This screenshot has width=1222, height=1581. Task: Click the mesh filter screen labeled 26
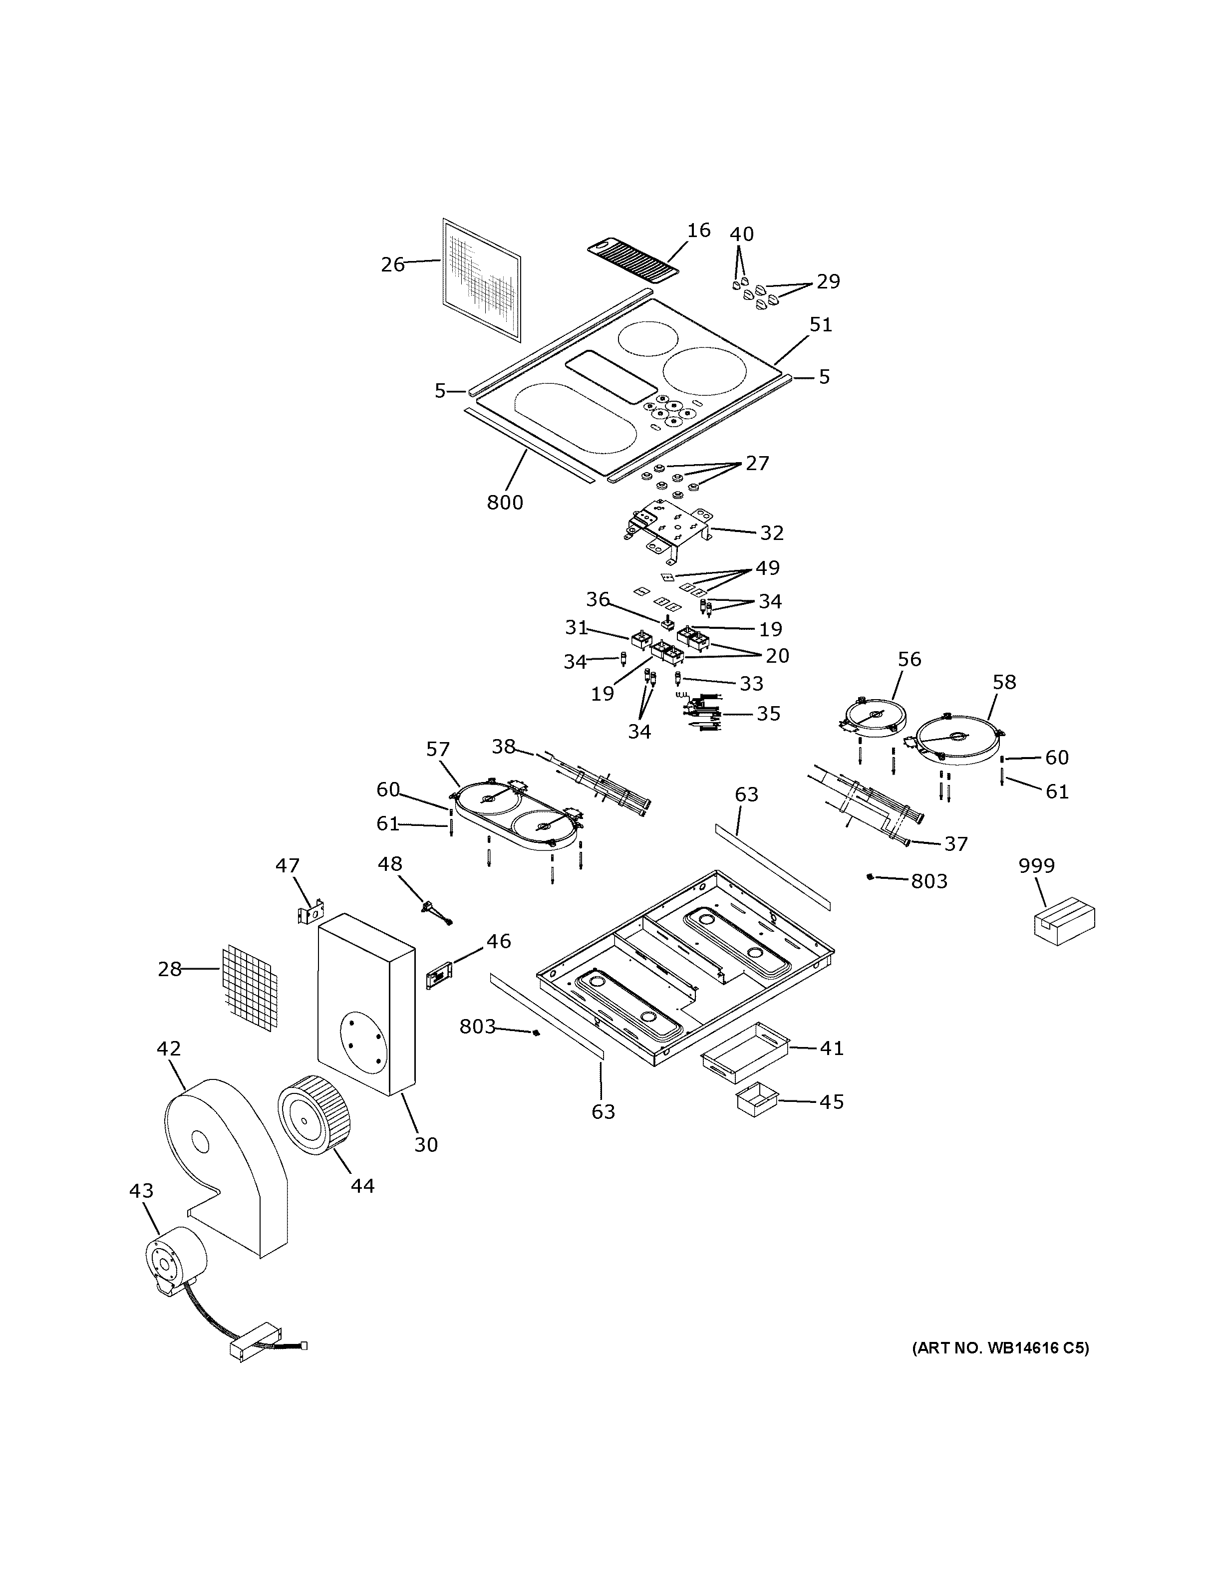point(481,281)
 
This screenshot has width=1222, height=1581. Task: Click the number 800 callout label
point(505,502)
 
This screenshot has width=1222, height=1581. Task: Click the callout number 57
point(438,749)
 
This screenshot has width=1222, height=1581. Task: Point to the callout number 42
point(169,1048)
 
